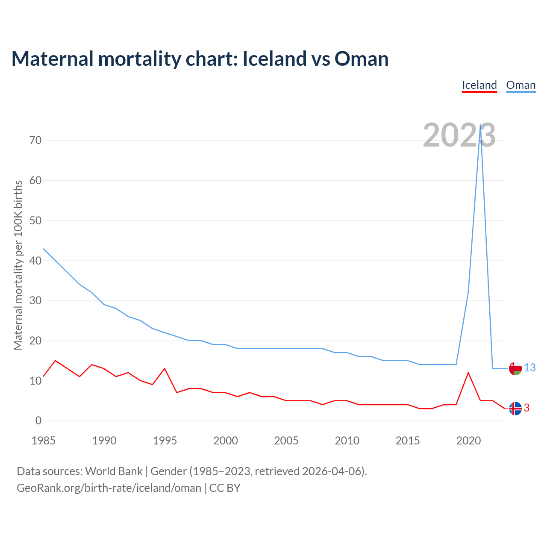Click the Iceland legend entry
479,85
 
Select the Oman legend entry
521,85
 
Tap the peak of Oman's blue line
480,125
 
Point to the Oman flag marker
515,368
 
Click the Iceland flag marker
515,409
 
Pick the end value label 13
530,368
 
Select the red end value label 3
526,409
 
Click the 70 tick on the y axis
35,140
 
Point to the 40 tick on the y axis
35,261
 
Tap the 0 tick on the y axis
38,421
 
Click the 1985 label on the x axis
44,441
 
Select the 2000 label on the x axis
226,441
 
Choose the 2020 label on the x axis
468,441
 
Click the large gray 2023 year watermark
459,135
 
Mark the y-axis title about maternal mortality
18,265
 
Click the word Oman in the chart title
362,59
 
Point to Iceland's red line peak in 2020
468,373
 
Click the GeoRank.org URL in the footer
109,488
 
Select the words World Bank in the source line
114,471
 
